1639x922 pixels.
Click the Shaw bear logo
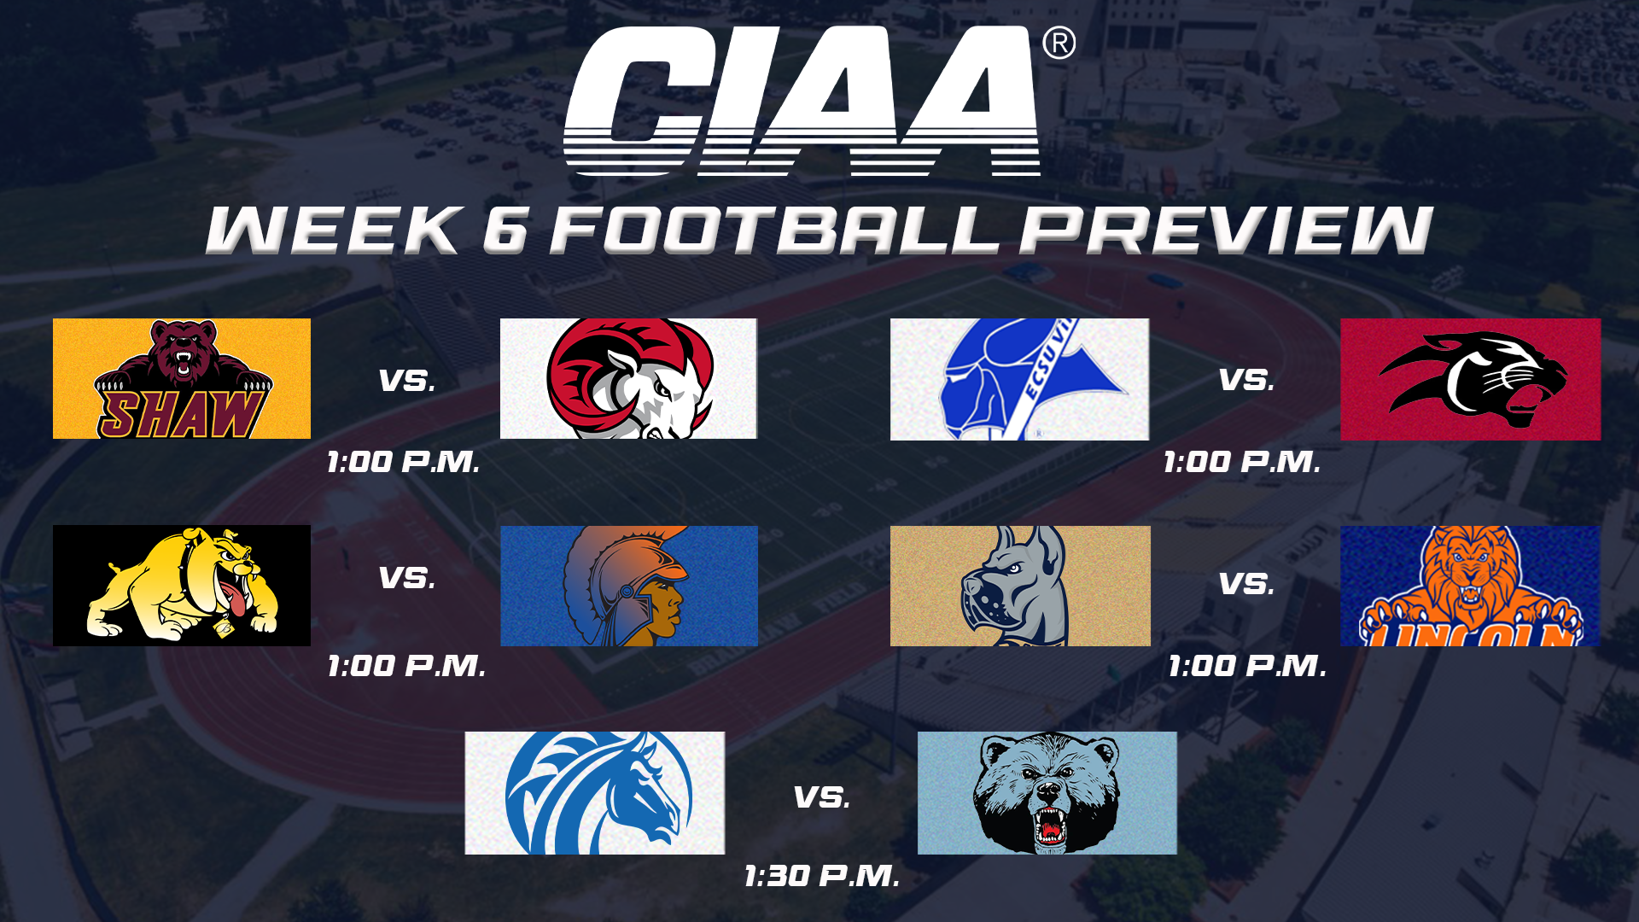(182, 379)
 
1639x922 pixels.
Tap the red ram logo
(629, 379)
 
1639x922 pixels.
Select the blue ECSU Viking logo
(1020, 380)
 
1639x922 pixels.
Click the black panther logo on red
(1471, 380)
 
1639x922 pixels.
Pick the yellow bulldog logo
(182, 586)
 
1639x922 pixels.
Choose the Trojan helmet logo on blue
(629, 586)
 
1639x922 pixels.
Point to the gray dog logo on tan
(1020, 586)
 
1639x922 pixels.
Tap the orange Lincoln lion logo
(1471, 586)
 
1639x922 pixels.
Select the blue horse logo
(595, 793)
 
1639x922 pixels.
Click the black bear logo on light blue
(1047, 793)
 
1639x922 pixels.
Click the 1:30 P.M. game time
(822, 876)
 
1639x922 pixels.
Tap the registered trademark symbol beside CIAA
(1059, 43)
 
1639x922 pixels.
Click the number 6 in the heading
(505, 230)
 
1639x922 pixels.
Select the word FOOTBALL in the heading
(775, 230)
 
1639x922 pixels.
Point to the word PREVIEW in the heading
(1226, 230)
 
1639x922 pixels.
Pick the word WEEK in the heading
(335, 230)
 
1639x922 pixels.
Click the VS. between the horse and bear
(822, 797)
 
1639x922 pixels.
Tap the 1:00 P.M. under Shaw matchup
(403, 463)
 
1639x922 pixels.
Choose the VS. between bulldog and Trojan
(407, 578)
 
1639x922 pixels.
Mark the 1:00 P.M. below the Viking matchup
(1242, 463)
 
